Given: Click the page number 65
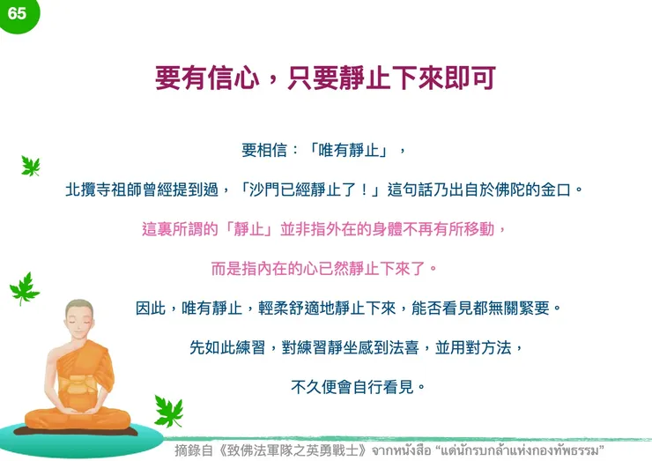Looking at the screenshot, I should [17, 13].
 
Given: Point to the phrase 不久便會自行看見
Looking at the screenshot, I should [352, 386].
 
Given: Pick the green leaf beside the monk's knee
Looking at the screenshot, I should [167, 410].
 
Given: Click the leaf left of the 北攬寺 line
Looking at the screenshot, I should [30, 165].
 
